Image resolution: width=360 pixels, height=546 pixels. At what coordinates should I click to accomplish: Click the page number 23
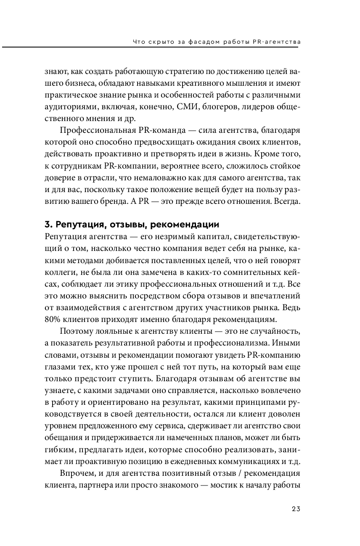296,509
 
